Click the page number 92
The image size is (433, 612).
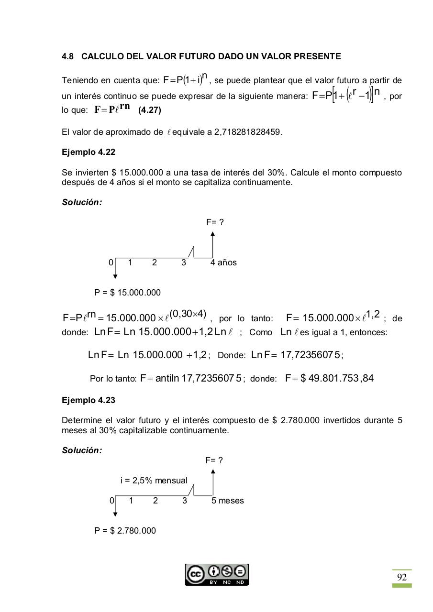(402, 577)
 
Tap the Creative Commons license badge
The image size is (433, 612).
(217, 575)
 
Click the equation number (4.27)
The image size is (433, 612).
(150, 110)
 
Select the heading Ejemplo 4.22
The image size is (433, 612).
(89, 152)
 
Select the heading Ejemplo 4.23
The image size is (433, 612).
(89, 400)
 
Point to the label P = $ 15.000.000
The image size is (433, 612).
(127, 293)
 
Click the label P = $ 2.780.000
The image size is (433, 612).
(125, 531)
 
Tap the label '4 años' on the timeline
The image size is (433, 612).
(223, 262)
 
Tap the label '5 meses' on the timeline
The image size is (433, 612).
(228, 501)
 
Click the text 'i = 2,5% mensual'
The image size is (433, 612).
(154, 481)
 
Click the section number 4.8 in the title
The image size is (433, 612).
(68, 56)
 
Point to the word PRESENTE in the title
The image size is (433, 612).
(319, 56)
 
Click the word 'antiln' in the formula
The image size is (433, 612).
(167, 379)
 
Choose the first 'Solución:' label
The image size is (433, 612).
(82, 202)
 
